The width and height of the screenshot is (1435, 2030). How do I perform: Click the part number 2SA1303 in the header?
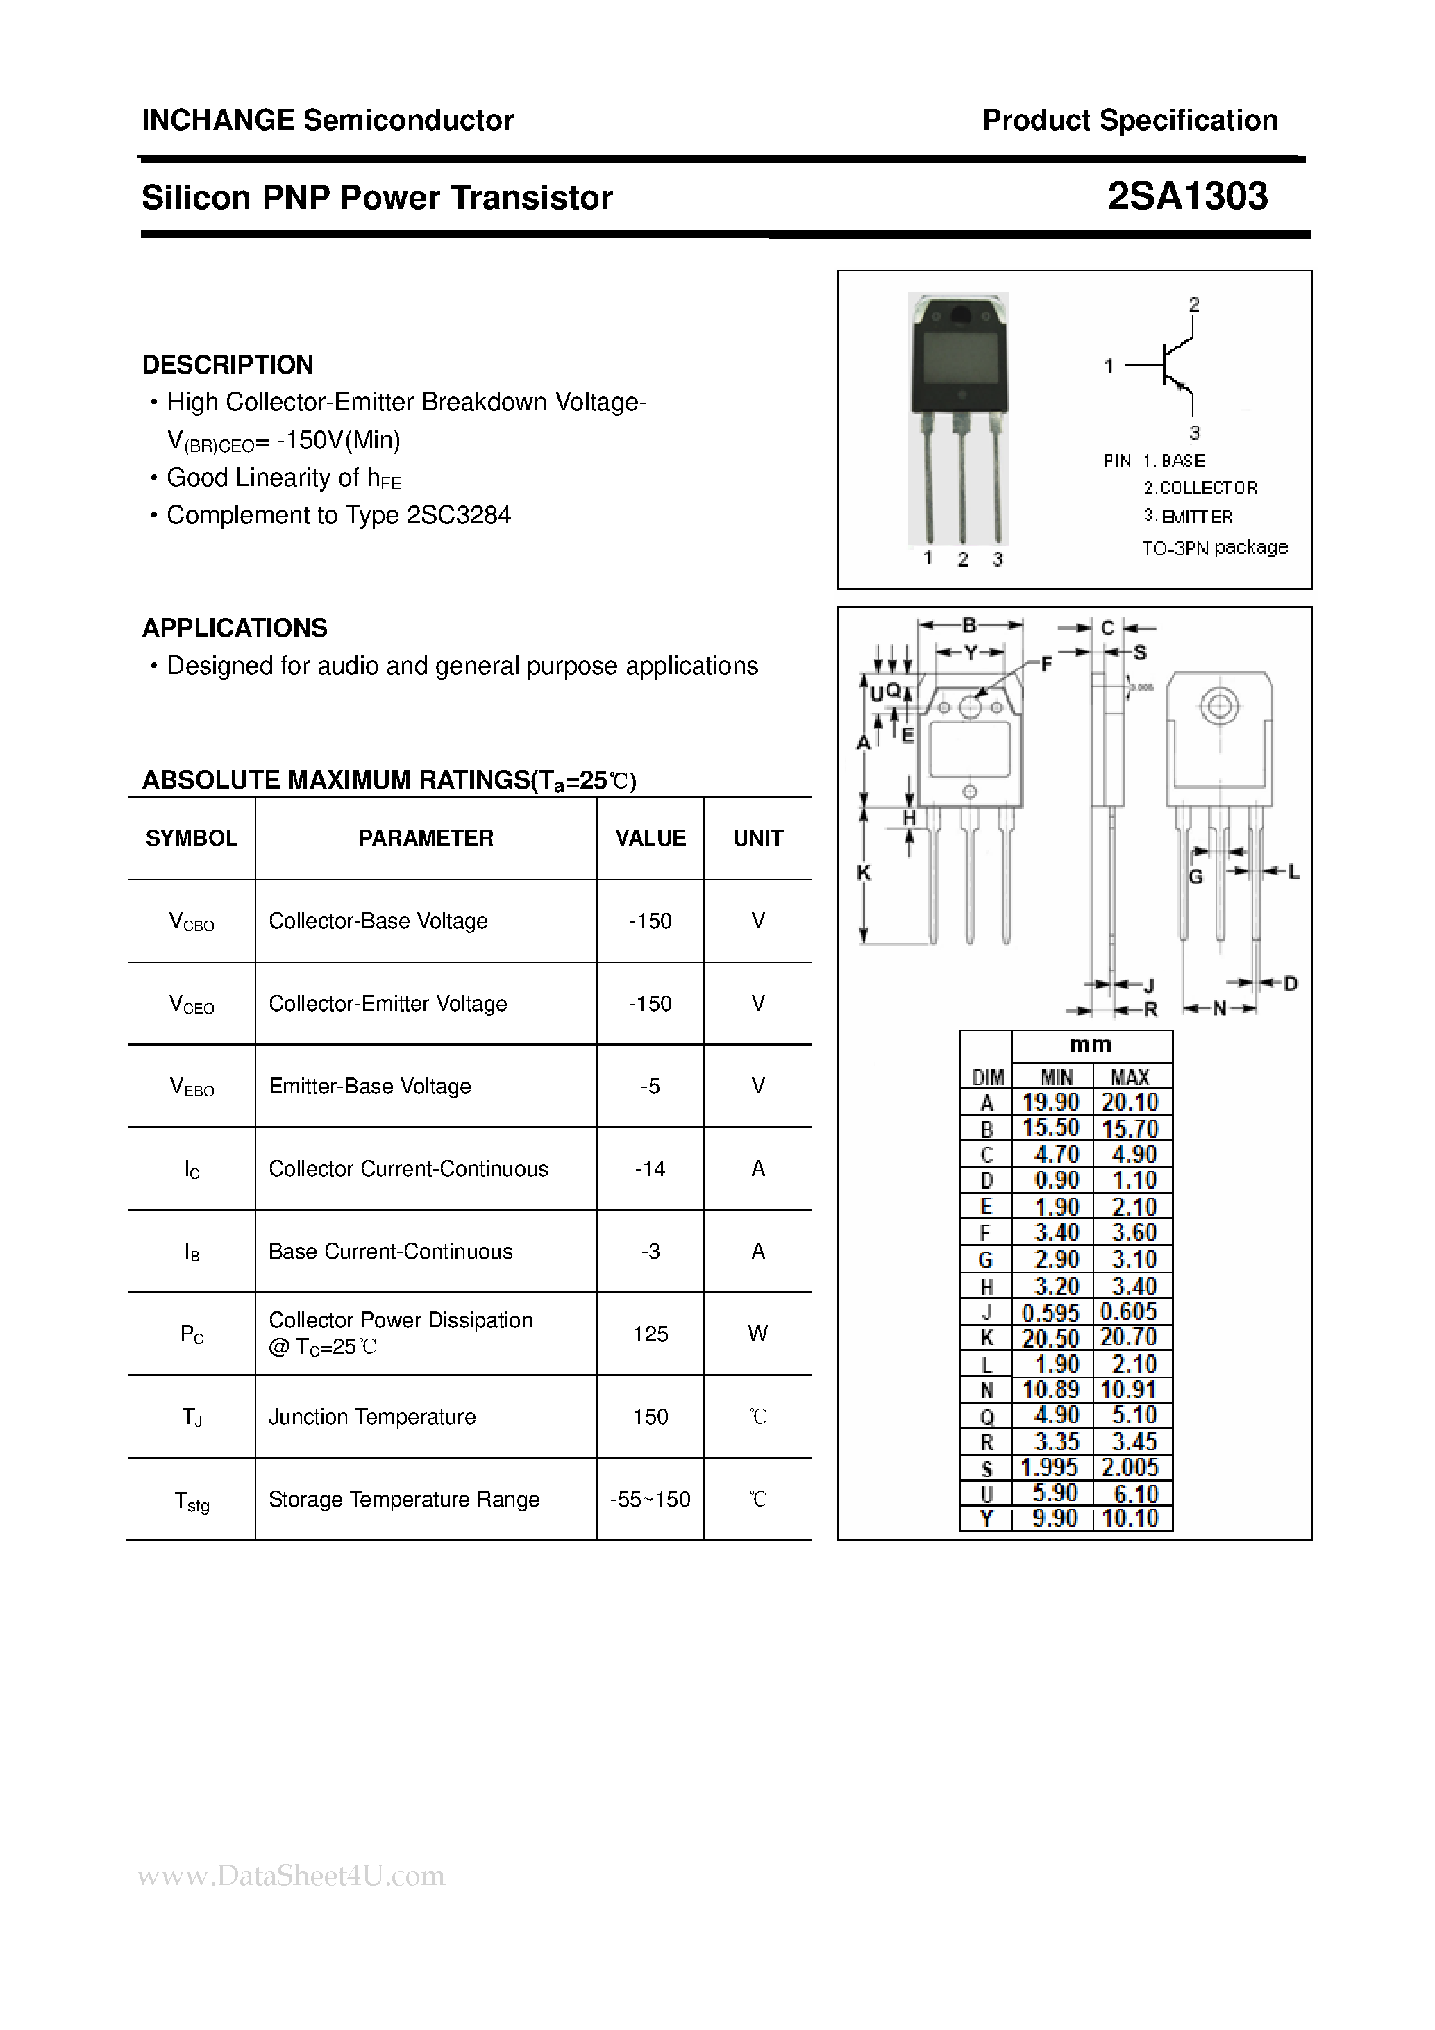pyautogui.click(x=1186, y=196)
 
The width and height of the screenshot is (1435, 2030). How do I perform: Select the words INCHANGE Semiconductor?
pyautogui.click(x=327, y=120)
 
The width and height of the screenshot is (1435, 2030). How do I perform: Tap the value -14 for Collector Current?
pyautogui.click(x=650, y=1169)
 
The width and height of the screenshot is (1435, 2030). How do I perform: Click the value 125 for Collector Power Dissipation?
pyautogui.click(x=650, y=1334)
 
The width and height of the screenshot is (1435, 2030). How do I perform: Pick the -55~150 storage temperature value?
pyautogui.click(x=650, y=1500)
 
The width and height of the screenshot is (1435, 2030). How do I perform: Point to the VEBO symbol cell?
pyautogui.click(x=192, y=1087)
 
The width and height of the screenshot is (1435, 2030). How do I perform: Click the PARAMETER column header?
pyautogui.click(x=426, y=838)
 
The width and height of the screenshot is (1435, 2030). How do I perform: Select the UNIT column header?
pyautogui.click(x=757, y=838)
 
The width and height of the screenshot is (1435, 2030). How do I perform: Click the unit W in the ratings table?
pyautogui.click(x=757, y=1334)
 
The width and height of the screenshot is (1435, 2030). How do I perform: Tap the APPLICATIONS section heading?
pyautogui.click(x=234, y=628)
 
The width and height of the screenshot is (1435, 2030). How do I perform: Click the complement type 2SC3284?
pyautogui.click(x=458, y=515)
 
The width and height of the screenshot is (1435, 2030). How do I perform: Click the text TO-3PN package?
pyautogui.click(x=1215, y=548)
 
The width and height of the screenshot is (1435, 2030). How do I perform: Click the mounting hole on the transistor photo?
pyautogui.click(x=959, y=314)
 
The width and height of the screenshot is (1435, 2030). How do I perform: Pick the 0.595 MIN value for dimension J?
pyautogui.click(x=1050, y=1312)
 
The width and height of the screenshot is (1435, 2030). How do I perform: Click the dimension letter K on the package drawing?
pyautogui.click(x=864, y=873)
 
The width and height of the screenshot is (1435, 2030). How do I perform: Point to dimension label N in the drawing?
pyautogui.click(x=1219, y=1009)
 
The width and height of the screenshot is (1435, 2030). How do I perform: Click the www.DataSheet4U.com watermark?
pyautogui.click(x=291, y=1875)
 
